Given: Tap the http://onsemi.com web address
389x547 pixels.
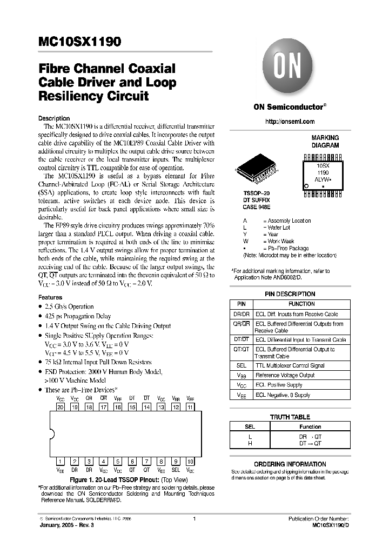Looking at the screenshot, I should click(x=290, y=122).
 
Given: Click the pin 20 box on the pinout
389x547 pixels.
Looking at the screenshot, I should click(x=61, y=407).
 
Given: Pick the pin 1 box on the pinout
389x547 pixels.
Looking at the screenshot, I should click(x=61, y=461).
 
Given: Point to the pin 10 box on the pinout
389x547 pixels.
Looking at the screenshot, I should click(x=190, y=461).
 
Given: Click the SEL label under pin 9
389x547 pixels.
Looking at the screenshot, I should click(x=175, y=470).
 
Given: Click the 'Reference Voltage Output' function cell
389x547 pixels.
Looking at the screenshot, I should click(x=285, y=375).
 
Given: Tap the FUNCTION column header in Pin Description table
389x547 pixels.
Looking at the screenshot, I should click(x=301, y=304).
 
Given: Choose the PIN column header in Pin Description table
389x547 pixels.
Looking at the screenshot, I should click(x=242, y=304).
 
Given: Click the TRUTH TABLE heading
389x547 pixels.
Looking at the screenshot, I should click(x=290, y=417).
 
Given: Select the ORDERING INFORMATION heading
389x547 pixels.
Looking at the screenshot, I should click(x=290, y=464).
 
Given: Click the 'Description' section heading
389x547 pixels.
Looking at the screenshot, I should click(x=54, y=118).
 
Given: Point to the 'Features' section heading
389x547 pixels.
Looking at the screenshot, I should click(x=50, y=297).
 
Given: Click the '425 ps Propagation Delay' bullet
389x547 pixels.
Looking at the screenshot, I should click(x=78, y=316).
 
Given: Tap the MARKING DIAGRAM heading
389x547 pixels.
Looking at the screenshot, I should click(x=325, y=142).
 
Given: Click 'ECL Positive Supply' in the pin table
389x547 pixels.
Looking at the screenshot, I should click(x=279, y=385).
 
